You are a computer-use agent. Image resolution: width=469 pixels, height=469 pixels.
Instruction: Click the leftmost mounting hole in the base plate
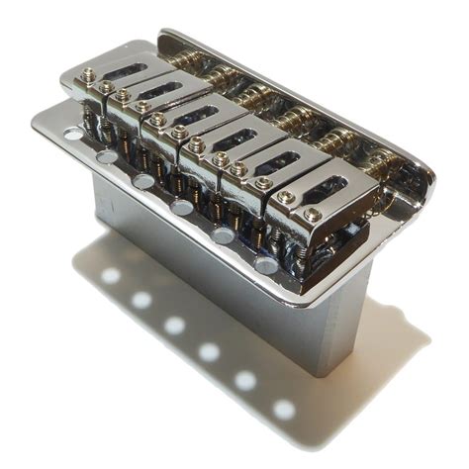pos(74,133)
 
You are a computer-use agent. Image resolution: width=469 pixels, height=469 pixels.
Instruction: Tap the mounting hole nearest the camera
pos(267,264)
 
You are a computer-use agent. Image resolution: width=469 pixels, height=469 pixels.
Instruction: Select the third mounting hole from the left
pos(144,181)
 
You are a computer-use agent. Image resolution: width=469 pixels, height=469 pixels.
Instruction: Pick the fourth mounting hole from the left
pos(183,207)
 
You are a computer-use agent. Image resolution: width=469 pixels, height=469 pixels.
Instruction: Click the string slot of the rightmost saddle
pos(328,186)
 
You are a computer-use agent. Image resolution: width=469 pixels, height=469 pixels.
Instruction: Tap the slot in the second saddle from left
pos(166,92)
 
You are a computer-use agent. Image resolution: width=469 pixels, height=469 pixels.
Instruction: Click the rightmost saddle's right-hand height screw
pos(313,214)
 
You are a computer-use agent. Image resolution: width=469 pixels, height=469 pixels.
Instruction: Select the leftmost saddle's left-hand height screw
pos(87,75)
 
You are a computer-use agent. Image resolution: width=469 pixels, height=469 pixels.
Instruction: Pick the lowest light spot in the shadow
pos(284,409)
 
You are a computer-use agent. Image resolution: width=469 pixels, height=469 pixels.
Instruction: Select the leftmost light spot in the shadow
pos(111,276)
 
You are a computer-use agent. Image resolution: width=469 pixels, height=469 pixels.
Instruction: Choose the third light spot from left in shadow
pos(175,325)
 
